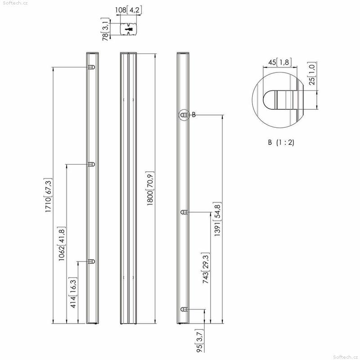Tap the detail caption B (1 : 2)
281,142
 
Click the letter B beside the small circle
193,115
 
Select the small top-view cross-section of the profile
129,29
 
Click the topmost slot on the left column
91,67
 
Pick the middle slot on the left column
91,164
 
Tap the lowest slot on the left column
91,261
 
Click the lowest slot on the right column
184,309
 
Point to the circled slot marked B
184,115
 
